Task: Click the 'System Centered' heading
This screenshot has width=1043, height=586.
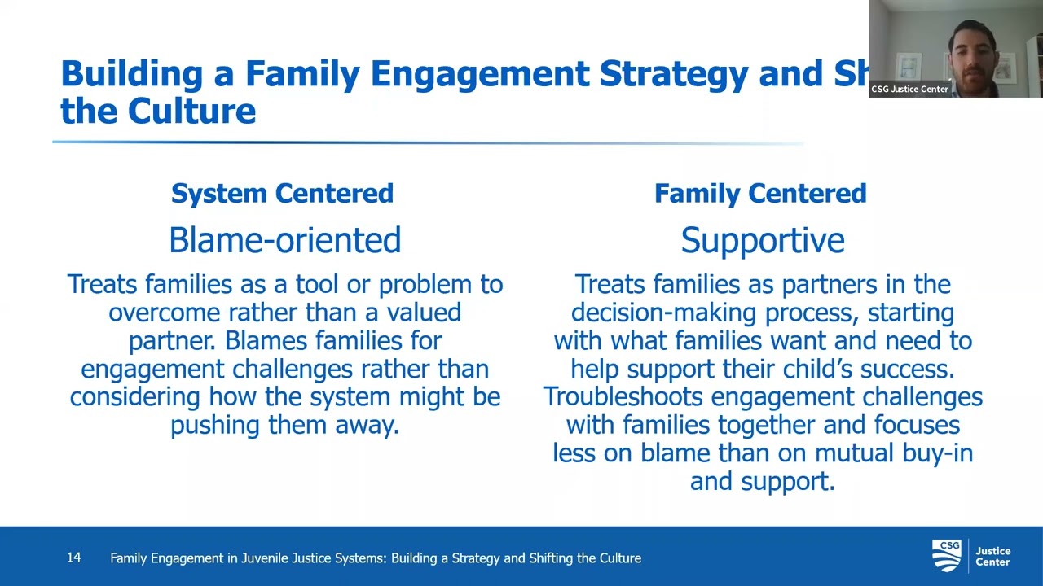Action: tap(282, 194)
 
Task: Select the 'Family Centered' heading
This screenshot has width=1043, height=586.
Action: tap(759, 194)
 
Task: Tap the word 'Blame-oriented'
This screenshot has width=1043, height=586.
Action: tap(284, 240)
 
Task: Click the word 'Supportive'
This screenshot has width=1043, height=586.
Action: tap(762, 240)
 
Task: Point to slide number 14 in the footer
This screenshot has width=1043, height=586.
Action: tap(73, 558)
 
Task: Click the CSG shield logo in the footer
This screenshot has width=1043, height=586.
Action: tap(946, 556)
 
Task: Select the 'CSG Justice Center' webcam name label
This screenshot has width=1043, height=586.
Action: tap(909, 90)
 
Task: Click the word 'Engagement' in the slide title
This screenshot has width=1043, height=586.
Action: tap(479, 73)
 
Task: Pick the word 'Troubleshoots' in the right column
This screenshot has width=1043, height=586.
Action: tap(623, 396)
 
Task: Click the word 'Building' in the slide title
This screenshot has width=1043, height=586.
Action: tap(131, 73)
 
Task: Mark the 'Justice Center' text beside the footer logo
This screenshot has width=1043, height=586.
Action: tap(992, 557)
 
